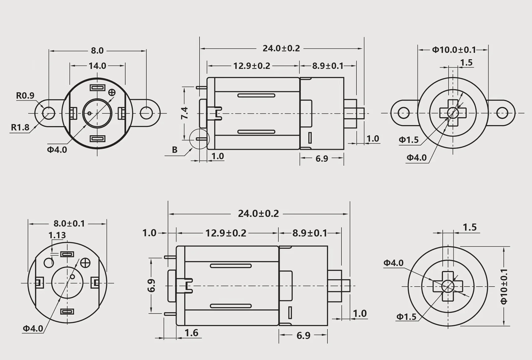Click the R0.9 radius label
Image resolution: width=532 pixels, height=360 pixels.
coord(25,95)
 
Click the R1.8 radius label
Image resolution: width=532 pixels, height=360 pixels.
coord(20,127)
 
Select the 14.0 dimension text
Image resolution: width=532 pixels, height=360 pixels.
coord(97,66)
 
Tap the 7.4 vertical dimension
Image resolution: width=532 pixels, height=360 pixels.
coord(185,113)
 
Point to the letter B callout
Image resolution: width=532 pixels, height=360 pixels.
coord(175,150)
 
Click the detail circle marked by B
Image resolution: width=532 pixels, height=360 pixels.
coord(199,139)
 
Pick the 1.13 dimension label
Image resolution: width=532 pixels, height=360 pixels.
coord(57,236)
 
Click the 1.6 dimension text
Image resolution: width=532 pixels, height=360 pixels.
coord(191,333)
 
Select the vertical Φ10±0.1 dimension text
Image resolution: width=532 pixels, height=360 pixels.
coord(504,286)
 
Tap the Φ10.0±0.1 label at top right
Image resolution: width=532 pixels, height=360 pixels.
coord(454,50)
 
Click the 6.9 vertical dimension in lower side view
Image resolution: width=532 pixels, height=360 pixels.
coord(151,286)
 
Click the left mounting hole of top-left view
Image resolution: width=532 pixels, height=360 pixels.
coord(49,113)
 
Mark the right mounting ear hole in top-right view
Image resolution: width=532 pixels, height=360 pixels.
coord(502,113)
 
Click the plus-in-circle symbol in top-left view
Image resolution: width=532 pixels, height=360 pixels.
coord(112,92)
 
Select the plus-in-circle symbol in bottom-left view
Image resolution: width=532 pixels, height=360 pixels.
coord(85,263)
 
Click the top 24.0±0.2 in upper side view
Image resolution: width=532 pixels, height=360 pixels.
coord(281,48)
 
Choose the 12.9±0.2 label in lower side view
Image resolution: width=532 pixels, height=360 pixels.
coord(226,233)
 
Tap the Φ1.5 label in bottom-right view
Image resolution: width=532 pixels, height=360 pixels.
coord(406,317)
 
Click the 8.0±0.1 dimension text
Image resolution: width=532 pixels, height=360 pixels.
coord(69,224)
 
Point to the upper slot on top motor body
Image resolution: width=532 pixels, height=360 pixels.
coord(256,95)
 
